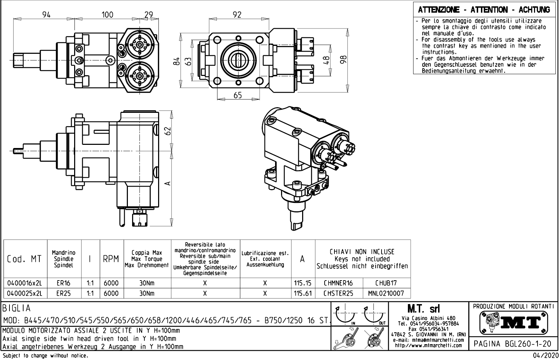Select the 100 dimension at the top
[x=108, y=14]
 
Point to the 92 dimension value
[x=237, y=14]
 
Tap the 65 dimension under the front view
[x=238, y=95]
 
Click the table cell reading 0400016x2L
[x=25, y=283]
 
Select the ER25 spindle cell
[x=64, y=293]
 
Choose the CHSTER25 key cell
[x=339, y=293]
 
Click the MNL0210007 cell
[x=386, y=293]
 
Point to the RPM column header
[x=111, y=260]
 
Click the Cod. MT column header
[x=25, y=259]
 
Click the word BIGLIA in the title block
[x=17, y=309]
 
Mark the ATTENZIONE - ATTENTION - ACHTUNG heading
[x=484, y=10]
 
